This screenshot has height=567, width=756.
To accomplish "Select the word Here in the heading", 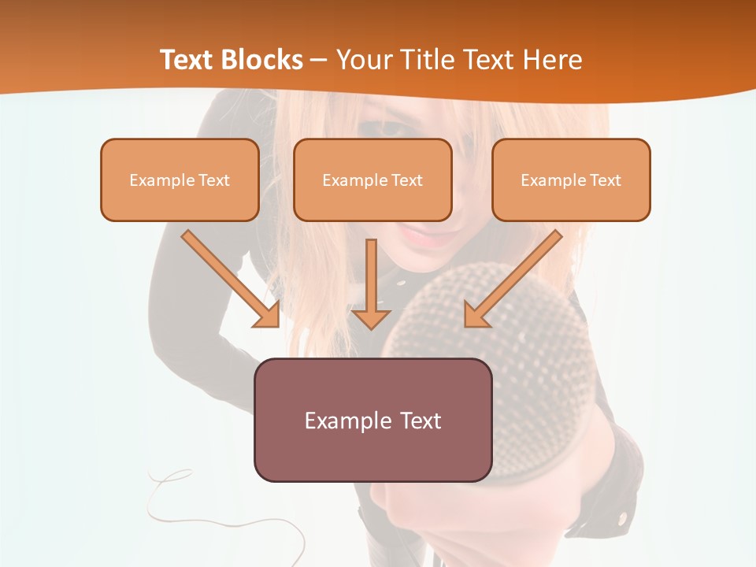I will [552, 60].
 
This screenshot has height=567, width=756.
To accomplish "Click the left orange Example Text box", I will [180, 180].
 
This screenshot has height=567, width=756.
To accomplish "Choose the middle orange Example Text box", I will [372, 180].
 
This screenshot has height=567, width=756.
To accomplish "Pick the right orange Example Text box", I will [571, 180].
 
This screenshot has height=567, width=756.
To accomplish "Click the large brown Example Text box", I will [372, 420].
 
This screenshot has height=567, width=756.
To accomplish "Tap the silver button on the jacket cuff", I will [623, 517].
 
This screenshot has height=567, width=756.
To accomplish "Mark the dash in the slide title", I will [319, 60].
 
